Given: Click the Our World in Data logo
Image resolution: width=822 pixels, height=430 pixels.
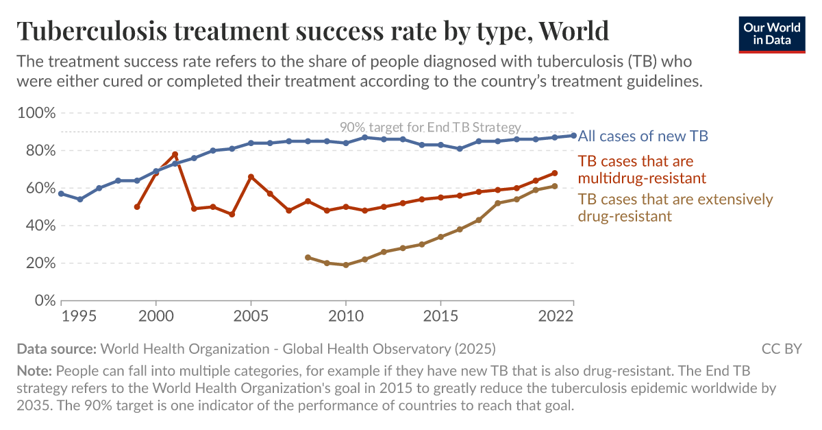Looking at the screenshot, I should click(x=771, y=32).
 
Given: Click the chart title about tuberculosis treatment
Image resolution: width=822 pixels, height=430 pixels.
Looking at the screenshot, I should click(x=313, y=31).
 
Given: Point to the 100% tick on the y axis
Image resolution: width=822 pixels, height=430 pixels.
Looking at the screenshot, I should click(x=36, y=113).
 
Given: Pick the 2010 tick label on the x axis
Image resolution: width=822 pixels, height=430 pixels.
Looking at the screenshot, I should click(x=346, y=317).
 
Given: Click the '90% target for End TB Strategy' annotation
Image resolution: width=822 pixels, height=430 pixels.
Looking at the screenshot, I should click(x=430, y=128).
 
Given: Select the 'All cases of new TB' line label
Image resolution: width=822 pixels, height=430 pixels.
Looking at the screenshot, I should click(x=643, y=136).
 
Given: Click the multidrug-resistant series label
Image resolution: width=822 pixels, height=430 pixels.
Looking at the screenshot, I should click(x=642, y=169).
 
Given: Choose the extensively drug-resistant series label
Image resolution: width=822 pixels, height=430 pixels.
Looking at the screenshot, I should click(x=675, y=207).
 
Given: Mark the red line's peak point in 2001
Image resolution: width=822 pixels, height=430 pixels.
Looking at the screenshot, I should click(x=175, y=154).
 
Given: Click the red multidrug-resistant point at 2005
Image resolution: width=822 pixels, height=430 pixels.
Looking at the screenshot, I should click(x=251, y=177).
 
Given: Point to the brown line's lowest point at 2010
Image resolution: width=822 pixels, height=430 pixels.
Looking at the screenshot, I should click(x=346, y=265).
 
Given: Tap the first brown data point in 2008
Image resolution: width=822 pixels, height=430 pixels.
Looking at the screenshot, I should click(x=308, y=257).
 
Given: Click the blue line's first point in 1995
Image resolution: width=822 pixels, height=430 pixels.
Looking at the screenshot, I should click(x=62, y=193).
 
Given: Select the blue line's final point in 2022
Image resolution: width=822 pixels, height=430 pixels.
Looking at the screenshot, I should click(x=573, y=135).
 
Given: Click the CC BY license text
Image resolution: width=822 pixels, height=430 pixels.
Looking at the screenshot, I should click(x=782, y=348).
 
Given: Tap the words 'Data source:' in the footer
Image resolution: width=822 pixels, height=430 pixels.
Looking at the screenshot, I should click(x=56, y=348).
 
